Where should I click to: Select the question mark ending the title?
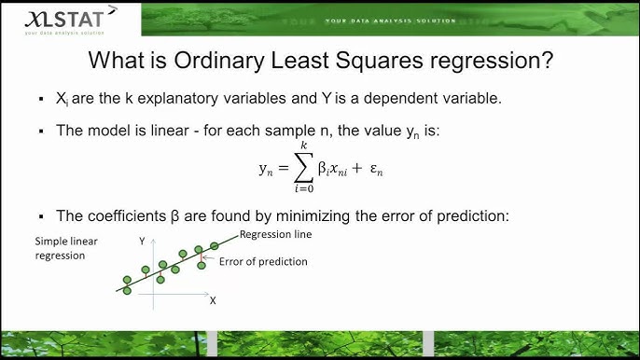[x=549, y=62]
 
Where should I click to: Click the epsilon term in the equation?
[x=375, y=171]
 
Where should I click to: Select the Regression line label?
[x=275, y=234]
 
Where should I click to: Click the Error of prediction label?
[x=263, y=261]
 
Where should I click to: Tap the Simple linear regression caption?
[x=60, y=247]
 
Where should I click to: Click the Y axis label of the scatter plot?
[x=143, y=241]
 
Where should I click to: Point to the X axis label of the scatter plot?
[x=212, y=300]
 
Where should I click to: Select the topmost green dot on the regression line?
[x=214, y=245]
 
